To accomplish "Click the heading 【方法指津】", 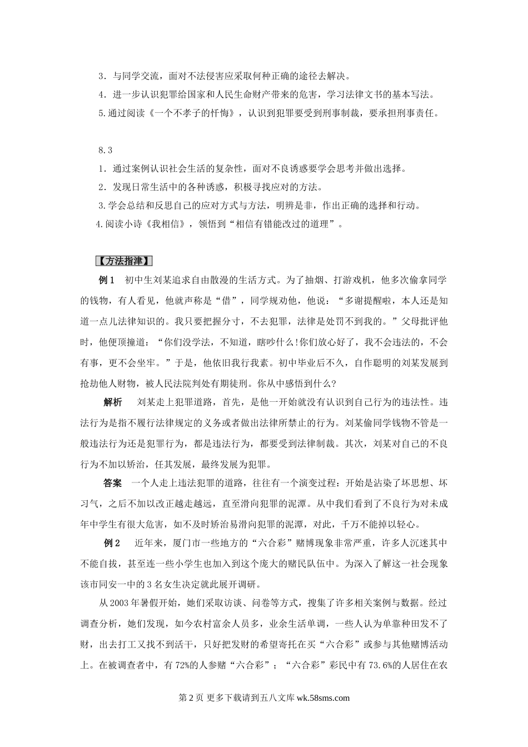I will pyautogui.click(x=124, y=261).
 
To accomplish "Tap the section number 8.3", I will pyautogui.click(x=105, y=150).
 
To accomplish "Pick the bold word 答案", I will pyautogui.click(x=113, y=482).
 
